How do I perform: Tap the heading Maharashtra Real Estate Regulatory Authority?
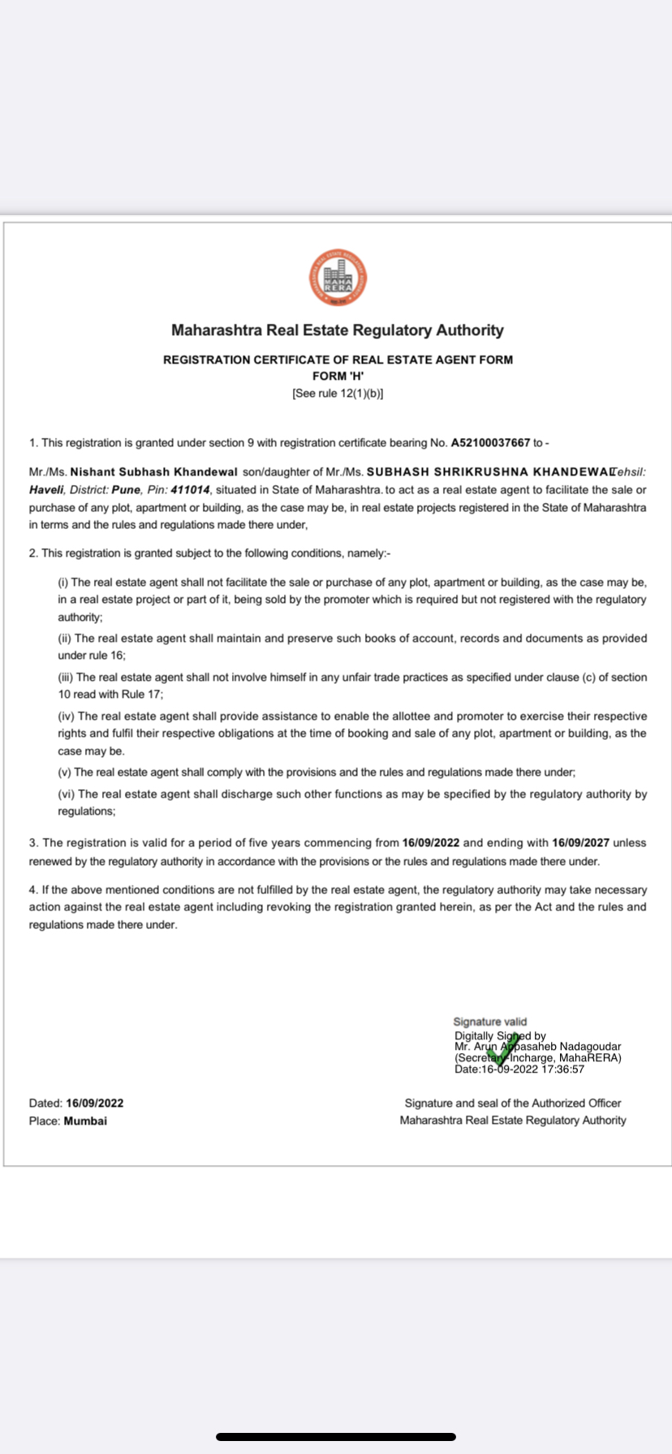point(337,330)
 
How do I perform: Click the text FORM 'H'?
point(338,376)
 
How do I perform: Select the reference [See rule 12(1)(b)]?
point(338,394)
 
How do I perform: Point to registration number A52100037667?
point(490,443)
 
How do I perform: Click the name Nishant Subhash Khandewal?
point(154,472)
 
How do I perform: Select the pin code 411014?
point(190,490)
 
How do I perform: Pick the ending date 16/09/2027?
point(580,843)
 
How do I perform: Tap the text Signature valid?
point(490,1022)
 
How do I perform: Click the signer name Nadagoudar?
point(589,1047)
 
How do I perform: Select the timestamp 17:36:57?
point(562,1069)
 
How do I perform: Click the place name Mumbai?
point(85,1121)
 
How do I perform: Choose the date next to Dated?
point(95,1103)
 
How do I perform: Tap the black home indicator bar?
point(336,1437)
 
